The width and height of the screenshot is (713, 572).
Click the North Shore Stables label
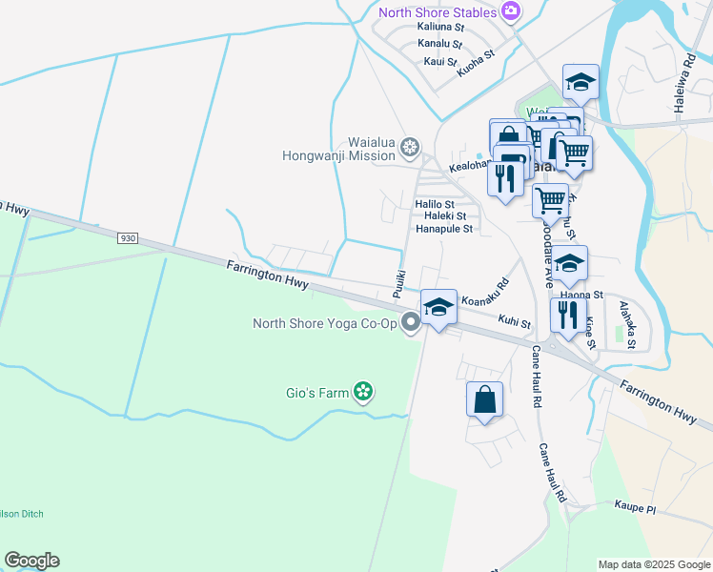tap(437, 12)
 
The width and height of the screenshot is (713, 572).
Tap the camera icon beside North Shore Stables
tap(512, 11)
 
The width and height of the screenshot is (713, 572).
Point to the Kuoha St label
tap(477, 64)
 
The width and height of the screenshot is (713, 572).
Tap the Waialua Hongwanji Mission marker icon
tap(410, 147)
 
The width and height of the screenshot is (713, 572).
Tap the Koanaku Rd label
tap(485, 292)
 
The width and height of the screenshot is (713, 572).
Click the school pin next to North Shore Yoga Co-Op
tap(438, 307)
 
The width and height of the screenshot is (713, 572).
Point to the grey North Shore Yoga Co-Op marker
tap(411, 323)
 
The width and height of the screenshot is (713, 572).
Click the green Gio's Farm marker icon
tap(362, 391)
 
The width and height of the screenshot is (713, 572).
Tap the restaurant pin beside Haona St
tap(568, 315)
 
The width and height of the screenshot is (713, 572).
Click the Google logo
tap(31, 561)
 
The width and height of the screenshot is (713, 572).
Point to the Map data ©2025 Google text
tap(653, 564)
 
